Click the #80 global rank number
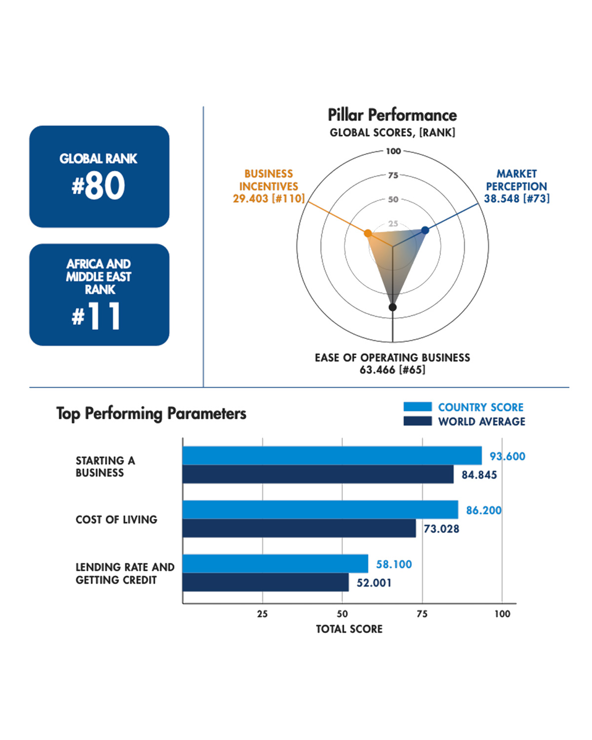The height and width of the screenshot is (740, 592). click(99, 186)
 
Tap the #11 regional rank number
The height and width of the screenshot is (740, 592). click(97, 316)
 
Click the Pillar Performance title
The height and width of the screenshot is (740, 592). click(392, 115)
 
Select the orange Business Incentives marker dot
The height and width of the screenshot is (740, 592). click(368, 233)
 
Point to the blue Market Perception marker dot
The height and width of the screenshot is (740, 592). click(425, 230)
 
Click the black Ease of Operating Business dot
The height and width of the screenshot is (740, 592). click(393, 307)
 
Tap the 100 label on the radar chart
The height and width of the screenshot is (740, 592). click(393, 151)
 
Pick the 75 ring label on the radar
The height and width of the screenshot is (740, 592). click(393, 175)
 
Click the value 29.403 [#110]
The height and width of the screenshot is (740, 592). click(269, 199)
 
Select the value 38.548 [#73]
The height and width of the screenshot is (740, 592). click(517, 199)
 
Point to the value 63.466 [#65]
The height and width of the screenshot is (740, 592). click(392, 370)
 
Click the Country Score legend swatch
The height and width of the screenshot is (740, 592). click(417, 407)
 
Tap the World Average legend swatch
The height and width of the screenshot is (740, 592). click(417, 421)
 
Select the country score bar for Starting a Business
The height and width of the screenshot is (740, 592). click(332, 456)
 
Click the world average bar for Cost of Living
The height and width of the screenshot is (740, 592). click(299, 528)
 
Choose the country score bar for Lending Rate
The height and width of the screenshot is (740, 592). click(275, 564)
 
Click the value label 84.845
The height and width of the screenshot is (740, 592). click(479, 475)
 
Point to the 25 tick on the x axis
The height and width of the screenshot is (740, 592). click(262, 614)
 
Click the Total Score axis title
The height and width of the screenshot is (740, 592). click(349, 629)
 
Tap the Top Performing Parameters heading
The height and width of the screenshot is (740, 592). click(151, 413)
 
